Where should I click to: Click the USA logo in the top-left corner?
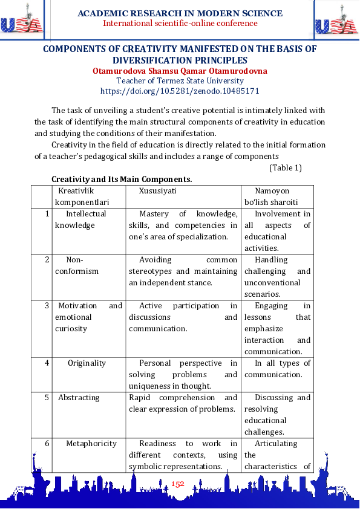point(22,21)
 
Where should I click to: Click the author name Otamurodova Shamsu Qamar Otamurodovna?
point(180,71)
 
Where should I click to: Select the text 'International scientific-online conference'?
point(180,24)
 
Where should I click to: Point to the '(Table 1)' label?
point(285,167)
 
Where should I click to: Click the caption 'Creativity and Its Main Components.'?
point(122,180)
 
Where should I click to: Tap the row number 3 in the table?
point(47,306)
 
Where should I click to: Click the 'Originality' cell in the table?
point(87,363)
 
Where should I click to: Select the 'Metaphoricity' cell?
point(91,444)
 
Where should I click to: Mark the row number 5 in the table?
point(47,398)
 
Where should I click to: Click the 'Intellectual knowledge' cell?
point(81,219)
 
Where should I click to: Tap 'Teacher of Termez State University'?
point(180,81)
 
